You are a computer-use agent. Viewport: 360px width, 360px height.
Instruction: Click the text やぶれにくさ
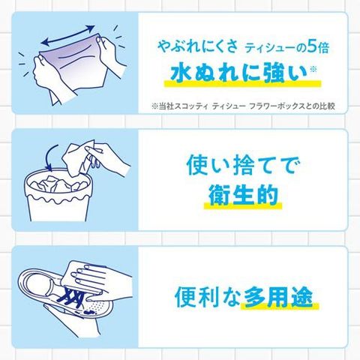(197, 46)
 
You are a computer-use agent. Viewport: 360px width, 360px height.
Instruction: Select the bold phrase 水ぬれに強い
(238, 73)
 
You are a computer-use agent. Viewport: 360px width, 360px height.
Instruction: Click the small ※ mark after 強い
(313, 69)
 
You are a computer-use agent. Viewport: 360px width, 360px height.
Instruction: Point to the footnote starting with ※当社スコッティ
(243, 106)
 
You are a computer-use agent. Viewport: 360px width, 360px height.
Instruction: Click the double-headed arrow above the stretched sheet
(68, 35)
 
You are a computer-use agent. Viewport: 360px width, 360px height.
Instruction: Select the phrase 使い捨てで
(243, 165)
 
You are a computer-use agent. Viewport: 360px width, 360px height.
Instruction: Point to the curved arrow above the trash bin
(51, 157)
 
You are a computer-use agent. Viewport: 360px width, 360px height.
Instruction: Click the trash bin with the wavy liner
(57, 195)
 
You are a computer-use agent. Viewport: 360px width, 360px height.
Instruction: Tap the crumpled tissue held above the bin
(77, 158)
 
